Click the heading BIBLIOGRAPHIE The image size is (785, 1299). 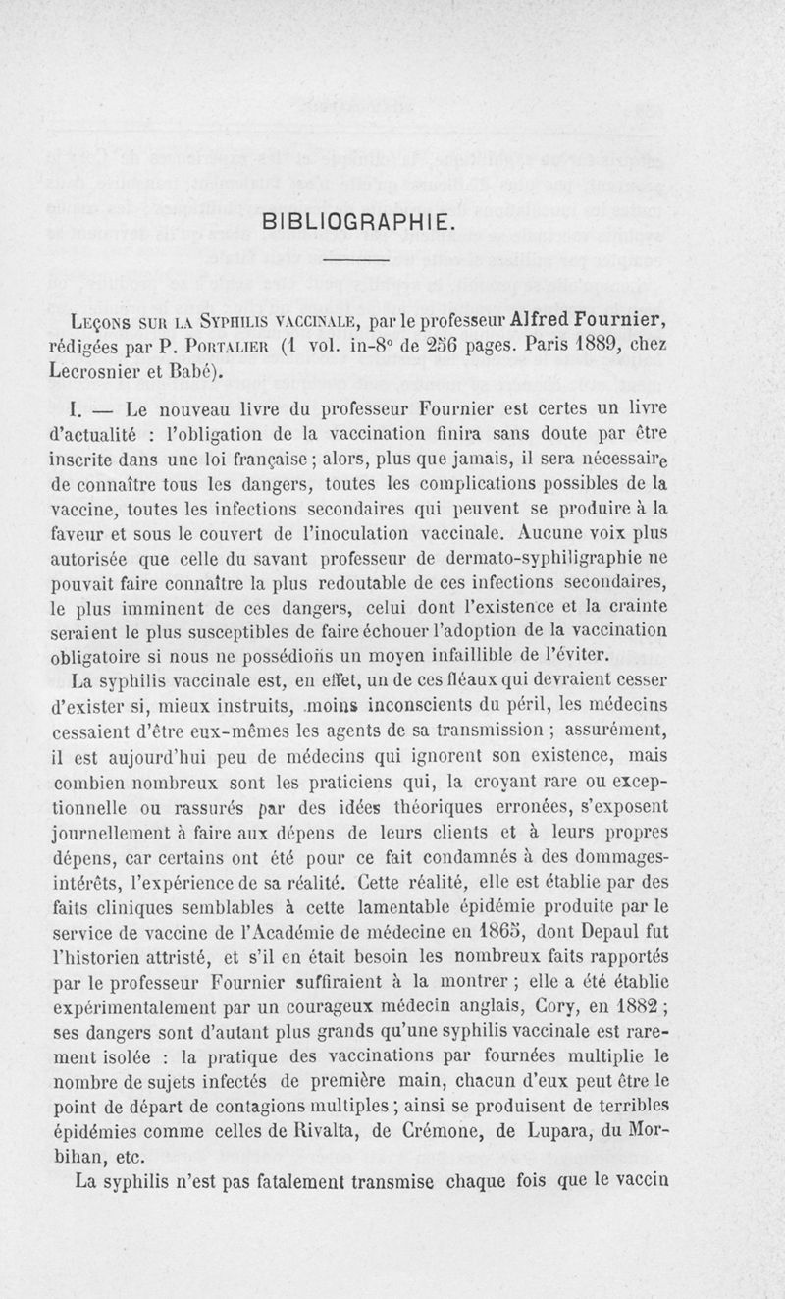[x=360, y=219]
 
